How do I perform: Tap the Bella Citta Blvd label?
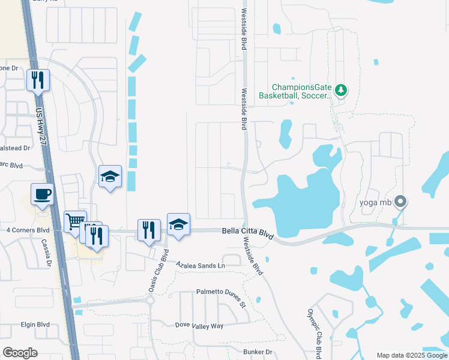tap(247, 232)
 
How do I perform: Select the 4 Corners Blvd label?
tap(28, 230)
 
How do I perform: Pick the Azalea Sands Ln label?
tap(200, 265)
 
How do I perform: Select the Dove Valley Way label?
tap(199, 325)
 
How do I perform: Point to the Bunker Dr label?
tap(258, 352)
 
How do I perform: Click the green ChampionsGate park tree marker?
tap(341, 90)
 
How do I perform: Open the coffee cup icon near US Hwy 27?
tap(43, 194)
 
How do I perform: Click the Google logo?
tap(20, 353)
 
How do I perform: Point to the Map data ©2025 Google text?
tap(412, 355)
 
